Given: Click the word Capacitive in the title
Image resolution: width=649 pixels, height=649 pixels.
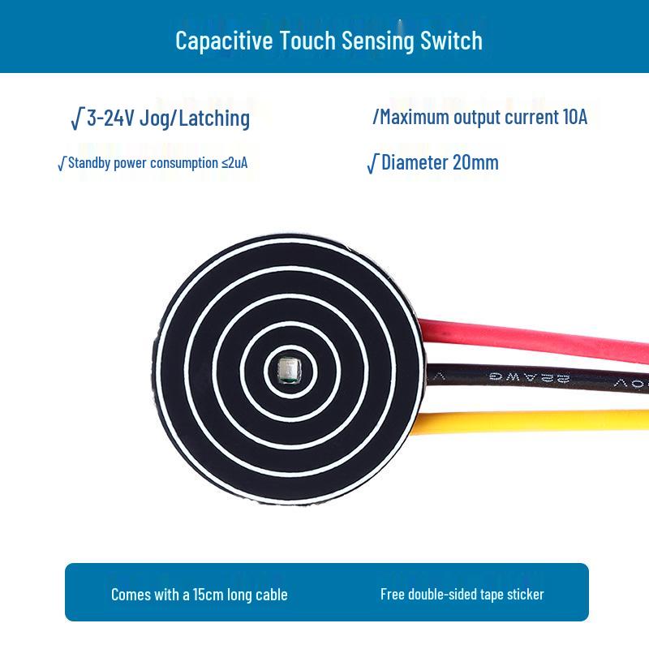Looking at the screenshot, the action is click(x=224, y=41).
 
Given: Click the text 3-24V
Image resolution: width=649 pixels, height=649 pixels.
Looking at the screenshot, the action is click(x=110, y=118).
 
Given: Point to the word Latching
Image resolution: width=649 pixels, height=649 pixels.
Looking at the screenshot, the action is click(x=214, y=118).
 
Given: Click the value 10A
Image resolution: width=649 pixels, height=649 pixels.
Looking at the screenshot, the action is click(x=575, y=117).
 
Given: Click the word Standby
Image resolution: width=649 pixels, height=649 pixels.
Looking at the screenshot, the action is click(x=89, y=163).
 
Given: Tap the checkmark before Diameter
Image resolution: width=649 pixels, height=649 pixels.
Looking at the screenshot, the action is click(x=372, y=164).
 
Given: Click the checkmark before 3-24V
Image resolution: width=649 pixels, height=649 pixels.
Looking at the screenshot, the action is click(x=77, y=118).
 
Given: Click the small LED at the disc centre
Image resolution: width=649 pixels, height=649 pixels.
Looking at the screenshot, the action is click(x=289, y=370).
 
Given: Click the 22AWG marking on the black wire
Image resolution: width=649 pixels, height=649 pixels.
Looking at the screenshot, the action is click(x=530, y=377).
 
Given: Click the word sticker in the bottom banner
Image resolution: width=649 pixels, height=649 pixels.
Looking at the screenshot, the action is click(x=525, y=594).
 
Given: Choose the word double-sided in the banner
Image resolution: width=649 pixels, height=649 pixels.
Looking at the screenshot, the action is click(x=443, y=594).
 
